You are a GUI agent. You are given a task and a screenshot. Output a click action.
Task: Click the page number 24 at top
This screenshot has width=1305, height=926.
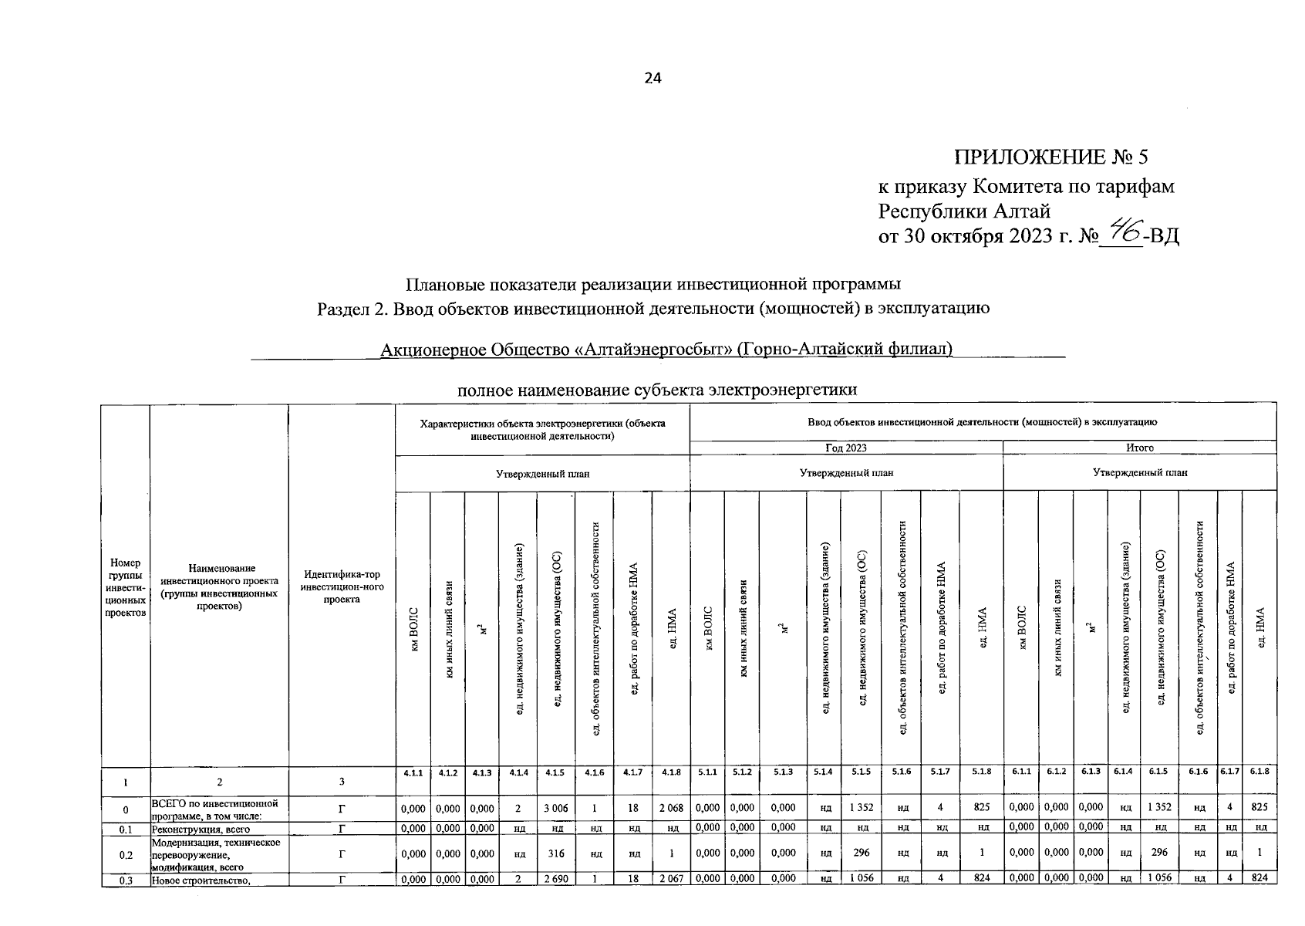point(652,78)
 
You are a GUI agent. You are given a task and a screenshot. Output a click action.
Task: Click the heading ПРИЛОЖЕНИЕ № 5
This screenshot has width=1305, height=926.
point(1051,157)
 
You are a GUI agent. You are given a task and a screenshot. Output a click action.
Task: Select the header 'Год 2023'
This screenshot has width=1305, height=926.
point(845,448)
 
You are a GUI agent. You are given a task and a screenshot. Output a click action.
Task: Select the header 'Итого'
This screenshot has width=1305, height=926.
point(1139,448)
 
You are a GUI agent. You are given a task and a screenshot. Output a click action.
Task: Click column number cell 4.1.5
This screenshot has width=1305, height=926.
point(555,772)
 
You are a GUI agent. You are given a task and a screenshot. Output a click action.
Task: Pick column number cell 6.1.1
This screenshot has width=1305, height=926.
point(1020,772)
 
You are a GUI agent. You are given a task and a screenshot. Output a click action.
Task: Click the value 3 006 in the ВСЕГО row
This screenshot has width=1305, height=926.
point(555,808)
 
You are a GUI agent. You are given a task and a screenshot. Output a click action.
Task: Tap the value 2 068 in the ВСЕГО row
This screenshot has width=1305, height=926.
point(670,808)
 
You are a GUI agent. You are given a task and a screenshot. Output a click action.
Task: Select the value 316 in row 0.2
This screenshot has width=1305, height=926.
point(555,853)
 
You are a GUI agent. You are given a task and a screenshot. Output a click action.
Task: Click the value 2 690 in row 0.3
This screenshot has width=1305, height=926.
point(555,878)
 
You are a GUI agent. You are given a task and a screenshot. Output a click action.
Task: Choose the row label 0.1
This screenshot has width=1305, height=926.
point(126,830)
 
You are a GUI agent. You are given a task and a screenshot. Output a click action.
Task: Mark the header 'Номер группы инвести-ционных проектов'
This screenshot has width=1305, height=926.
point(126,587)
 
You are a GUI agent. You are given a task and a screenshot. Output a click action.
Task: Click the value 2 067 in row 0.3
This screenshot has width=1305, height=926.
point(670,878)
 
